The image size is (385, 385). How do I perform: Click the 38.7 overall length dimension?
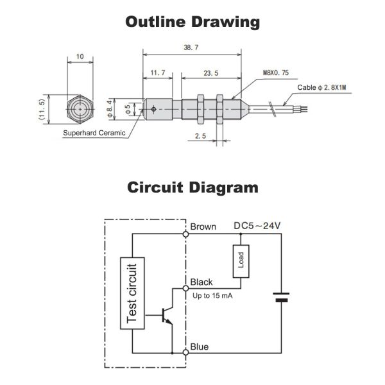191,47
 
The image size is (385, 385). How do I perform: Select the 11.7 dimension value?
158,73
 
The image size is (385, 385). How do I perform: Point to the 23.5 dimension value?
211,73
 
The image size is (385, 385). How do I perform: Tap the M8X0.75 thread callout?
276,73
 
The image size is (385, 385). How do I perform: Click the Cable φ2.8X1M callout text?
321,87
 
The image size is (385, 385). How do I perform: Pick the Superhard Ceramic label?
94,133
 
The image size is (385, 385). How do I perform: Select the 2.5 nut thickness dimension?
200,136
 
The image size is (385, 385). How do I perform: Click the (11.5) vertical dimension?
42,109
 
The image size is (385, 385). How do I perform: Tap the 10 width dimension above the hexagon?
80,56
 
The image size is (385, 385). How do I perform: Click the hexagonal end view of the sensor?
80,109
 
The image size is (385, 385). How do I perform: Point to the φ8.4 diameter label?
110,109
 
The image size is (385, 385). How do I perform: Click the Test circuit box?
132,293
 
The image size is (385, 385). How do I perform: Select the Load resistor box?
241,261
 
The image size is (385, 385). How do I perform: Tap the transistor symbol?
166,315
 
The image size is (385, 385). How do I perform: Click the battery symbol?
282,297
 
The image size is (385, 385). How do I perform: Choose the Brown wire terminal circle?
186,234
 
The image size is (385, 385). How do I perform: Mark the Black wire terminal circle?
186,288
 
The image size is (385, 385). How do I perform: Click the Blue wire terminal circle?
186,352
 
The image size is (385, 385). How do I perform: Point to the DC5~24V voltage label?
257,226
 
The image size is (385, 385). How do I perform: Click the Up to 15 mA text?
212,296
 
